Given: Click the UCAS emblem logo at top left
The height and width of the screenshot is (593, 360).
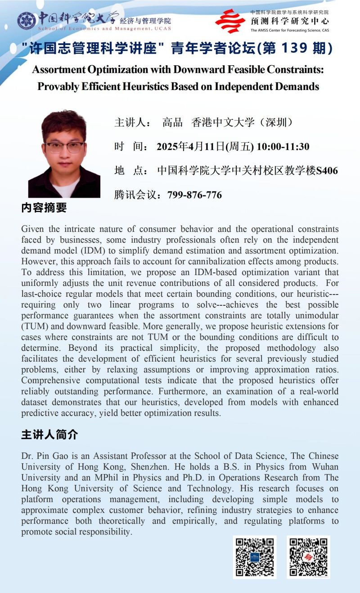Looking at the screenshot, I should click(x=27, y=20).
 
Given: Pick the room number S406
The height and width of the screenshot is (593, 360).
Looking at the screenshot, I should click(x=327, y=171).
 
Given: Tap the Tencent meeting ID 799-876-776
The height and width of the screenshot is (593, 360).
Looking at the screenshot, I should click(x=194, y=195).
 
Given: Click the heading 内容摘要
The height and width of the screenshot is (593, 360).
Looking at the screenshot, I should click(x=44, y=208).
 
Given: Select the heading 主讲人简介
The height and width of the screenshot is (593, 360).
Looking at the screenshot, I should click(x=49, y=435).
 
